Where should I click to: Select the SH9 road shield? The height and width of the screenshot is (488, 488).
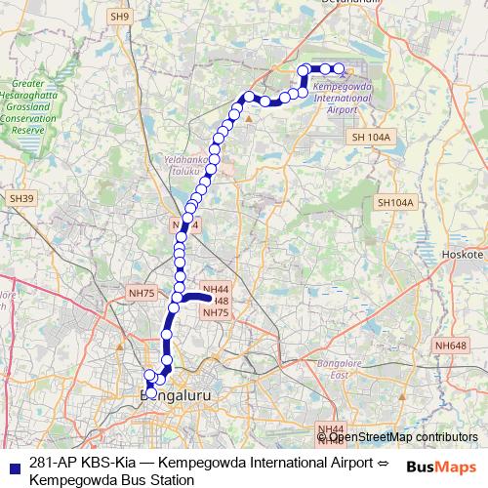pyautogui.click(x=120, y=17)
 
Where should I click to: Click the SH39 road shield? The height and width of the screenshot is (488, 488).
pyautogui.click(x=21, y=198)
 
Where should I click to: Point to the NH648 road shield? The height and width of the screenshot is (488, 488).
pyautogui.click(x=452, y=345)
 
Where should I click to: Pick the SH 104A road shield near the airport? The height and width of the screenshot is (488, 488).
pyautogui.click(x=371, y=138)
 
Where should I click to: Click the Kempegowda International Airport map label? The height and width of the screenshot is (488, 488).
pyautogui.click(x=339, y=98)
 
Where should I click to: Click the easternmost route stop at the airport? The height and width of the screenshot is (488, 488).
pyautogui.click(x=340, y=68)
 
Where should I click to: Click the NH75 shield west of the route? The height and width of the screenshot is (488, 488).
pyautogui.click(x=142, y=293)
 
